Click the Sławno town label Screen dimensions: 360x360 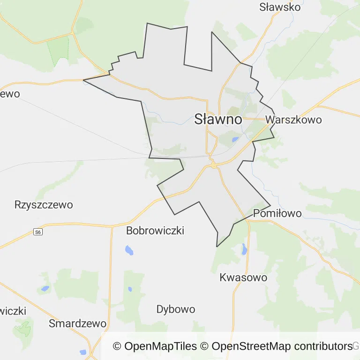point(218,119)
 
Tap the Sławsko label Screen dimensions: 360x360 point(279,7)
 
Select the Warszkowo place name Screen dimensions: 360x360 point(293,120)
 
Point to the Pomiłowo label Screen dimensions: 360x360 point(277,214)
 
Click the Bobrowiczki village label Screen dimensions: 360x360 point(155,231)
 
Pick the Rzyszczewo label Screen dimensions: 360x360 point(44,205)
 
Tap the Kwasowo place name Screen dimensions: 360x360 point(243,277)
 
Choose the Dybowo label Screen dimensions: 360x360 point(176,309)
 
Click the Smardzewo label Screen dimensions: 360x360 point(78,323)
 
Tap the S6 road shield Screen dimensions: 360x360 point(38,232)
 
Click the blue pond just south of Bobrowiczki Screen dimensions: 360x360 point(129,250)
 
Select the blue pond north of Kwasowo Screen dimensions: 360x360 point(244,249)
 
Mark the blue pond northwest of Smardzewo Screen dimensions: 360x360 point(45,289)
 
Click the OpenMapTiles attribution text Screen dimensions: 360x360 point(155,346)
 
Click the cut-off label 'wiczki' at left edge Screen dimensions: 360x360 point(13,311)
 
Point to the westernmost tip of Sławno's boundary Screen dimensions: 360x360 point(83,80)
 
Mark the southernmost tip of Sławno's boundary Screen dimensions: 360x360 point(217,246)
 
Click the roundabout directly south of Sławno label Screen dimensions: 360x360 point(213,165)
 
